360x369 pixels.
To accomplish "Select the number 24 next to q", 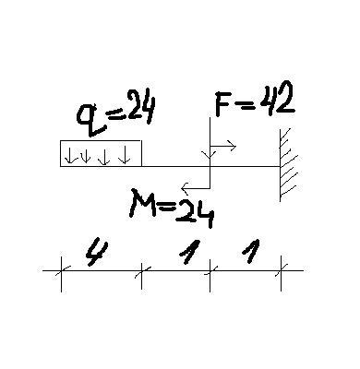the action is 141,106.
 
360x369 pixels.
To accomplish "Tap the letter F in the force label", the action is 223,103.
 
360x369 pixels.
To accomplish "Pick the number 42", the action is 277,99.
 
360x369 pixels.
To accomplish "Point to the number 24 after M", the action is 195,212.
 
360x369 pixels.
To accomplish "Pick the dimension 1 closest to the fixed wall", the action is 251,251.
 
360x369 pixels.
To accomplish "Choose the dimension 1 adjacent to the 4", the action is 189,252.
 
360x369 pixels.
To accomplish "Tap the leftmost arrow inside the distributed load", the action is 70,155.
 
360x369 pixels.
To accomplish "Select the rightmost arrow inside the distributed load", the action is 125,154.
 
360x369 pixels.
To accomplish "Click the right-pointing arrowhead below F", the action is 232,146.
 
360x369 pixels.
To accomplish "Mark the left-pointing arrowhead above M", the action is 186,188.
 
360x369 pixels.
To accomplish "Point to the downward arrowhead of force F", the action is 210,155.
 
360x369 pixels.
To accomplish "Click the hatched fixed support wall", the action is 289,165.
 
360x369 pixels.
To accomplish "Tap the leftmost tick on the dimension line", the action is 62,273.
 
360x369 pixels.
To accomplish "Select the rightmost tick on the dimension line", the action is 281,272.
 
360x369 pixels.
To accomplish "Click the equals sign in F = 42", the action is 246,104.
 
